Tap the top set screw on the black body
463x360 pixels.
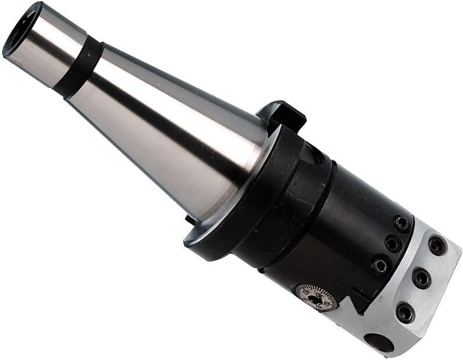click(x=401, y=223)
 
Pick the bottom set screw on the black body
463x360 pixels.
click(x=380, y=266)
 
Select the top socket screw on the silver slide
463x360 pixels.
click(x=436, y=245)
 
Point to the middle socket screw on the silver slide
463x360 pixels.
click(x=421, y=277)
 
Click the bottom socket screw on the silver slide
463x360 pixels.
click(x=405, y=313)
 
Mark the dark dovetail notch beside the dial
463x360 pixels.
click(x=356, y=302)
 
